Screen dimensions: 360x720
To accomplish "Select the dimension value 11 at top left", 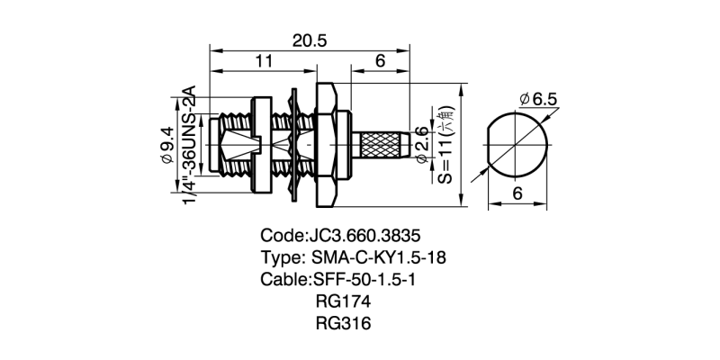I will point(263,61).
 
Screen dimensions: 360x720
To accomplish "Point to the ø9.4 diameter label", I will point(167,144).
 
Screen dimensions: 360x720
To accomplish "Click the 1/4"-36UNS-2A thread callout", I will point(189,145).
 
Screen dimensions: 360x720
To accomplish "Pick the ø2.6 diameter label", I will point(423,145).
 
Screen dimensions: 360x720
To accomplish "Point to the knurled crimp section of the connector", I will point(382,145).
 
